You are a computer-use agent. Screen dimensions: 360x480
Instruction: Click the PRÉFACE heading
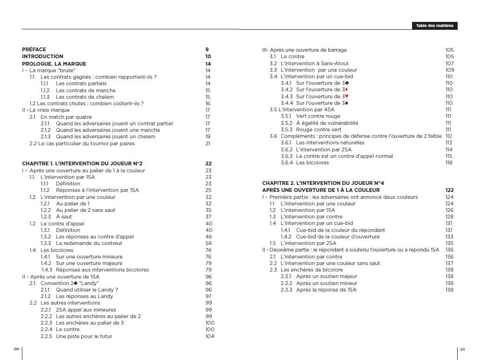click(34, 49)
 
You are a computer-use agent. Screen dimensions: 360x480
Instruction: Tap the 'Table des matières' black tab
click(434, 26)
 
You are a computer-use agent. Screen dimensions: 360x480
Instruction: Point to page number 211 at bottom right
click(462, 349)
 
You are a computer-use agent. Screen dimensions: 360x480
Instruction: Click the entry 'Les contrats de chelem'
click(86, 97)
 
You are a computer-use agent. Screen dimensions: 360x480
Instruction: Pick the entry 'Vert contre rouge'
click(318, 116)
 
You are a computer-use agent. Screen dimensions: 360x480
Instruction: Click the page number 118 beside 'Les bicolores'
click(449, 163)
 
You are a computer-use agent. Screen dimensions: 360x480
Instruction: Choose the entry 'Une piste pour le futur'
click(84, 336)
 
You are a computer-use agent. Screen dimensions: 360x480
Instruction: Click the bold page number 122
click(449, 190)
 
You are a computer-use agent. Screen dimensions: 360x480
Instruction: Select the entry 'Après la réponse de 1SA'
click(326, 290)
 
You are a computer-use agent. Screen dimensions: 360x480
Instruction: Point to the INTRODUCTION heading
click(43, 56)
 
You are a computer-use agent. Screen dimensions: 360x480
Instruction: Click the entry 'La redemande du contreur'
click(89, 243)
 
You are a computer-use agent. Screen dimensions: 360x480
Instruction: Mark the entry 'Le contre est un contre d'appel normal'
click(344, 156)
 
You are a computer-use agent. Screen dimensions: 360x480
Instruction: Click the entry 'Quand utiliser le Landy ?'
click(87, 290)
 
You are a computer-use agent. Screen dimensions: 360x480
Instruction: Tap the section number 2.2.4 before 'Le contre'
click(47, 329)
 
